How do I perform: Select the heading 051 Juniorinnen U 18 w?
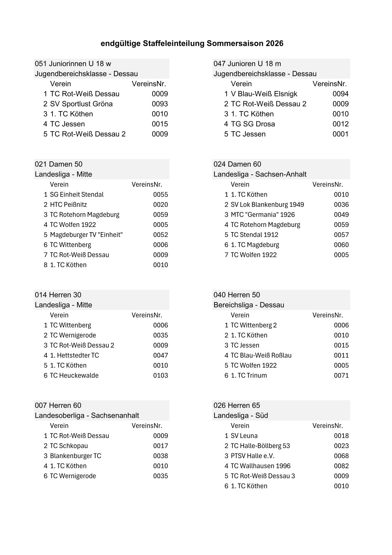pyautogui.click(x=73, y=64)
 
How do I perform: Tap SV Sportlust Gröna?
pyautogui.click(x=81, y=104)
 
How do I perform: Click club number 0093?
pyautogui.click(x=160, y=104)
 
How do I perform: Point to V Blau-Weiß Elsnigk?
pyautogui.click(x=264, y=94)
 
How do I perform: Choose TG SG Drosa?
pyautogui.click(x=253, y=124)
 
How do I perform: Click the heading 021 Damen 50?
pyautogui.click(x=59, y=164)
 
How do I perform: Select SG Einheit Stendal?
pyautogui.click(x=76, y=195)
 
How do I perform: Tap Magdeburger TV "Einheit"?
pyautogui.click(x=86, y=235)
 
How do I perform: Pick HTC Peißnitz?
pyautogui.click(x=68, y=204)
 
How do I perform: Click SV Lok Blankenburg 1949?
pyautogui.click(x=267, y=204)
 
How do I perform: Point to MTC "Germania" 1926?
pyautogui.click(x=259, y=215)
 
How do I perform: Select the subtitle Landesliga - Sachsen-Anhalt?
pyautogui.click(x=260, y=174)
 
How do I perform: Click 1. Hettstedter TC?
pyautogui.click(x=74, y=355)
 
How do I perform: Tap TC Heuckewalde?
pyautogui.click(x=74, y=375)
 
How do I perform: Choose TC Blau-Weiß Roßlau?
pyautogui.click(x=261, y=355)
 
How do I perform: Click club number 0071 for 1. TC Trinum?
pyautogui.click(x=341, y=375)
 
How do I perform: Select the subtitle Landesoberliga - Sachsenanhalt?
pyautogui.click(x=87, y=416)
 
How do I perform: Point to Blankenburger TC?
pyautogui.click(x=75, y=456)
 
